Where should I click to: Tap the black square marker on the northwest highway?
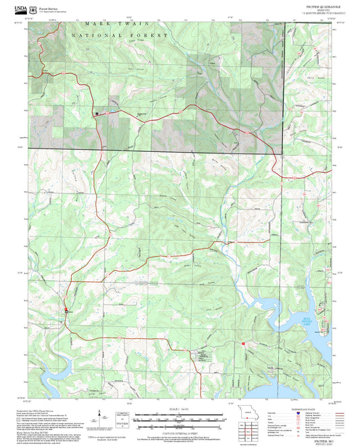[97, 114]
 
